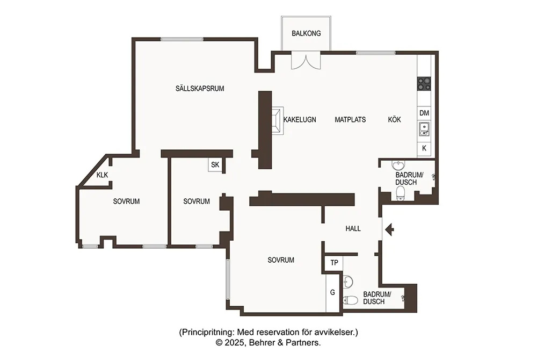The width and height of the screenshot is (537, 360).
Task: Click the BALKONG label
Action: pyautogui.click(x=306, y=33)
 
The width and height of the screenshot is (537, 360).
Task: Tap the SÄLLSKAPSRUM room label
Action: pyautogui.click(x=200, y=88)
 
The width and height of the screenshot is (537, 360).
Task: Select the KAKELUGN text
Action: pyautogui.click(x=300, y=119)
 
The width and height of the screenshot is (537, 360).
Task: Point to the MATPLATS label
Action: pyautogui.click(x=350, y=119)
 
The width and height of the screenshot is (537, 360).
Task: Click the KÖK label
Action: pyautogui.click(x=394, y=119)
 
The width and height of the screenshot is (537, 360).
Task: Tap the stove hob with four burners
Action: pyautogui.click(x=424, y=84)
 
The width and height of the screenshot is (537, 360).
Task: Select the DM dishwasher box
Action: pyautogui.click(x=424, y=113)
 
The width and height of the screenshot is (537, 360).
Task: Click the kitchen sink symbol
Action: pyautogui.click(x=424, y=129)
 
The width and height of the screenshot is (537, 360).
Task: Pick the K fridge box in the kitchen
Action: pyautogui.click(x=424, y=148)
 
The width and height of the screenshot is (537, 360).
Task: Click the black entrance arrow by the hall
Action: pyautogui.click(x=390, y=229)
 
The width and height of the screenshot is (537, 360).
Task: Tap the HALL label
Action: pyautogui.click(x=353, y=228)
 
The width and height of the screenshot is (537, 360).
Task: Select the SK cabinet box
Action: pyautogui.click(x=215, y=165)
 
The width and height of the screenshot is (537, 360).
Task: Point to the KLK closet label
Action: pyautogui.click(x=102, y=175)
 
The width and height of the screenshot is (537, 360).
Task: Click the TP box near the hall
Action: pyautogui.click(x=334, y=263)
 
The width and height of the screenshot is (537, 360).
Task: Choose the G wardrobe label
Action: pyautogui.click(x=332, y=292)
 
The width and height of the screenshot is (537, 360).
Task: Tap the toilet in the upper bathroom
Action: pyautogui.click(x=400, y=193)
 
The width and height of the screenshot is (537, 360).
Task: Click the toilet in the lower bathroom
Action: pyautogui.click(x=350, y=300)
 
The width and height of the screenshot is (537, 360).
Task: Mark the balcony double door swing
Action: pyautogui.click(x=306, y=61)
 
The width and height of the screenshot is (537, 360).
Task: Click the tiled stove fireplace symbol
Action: pyautogui.click(x=278, y=120)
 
